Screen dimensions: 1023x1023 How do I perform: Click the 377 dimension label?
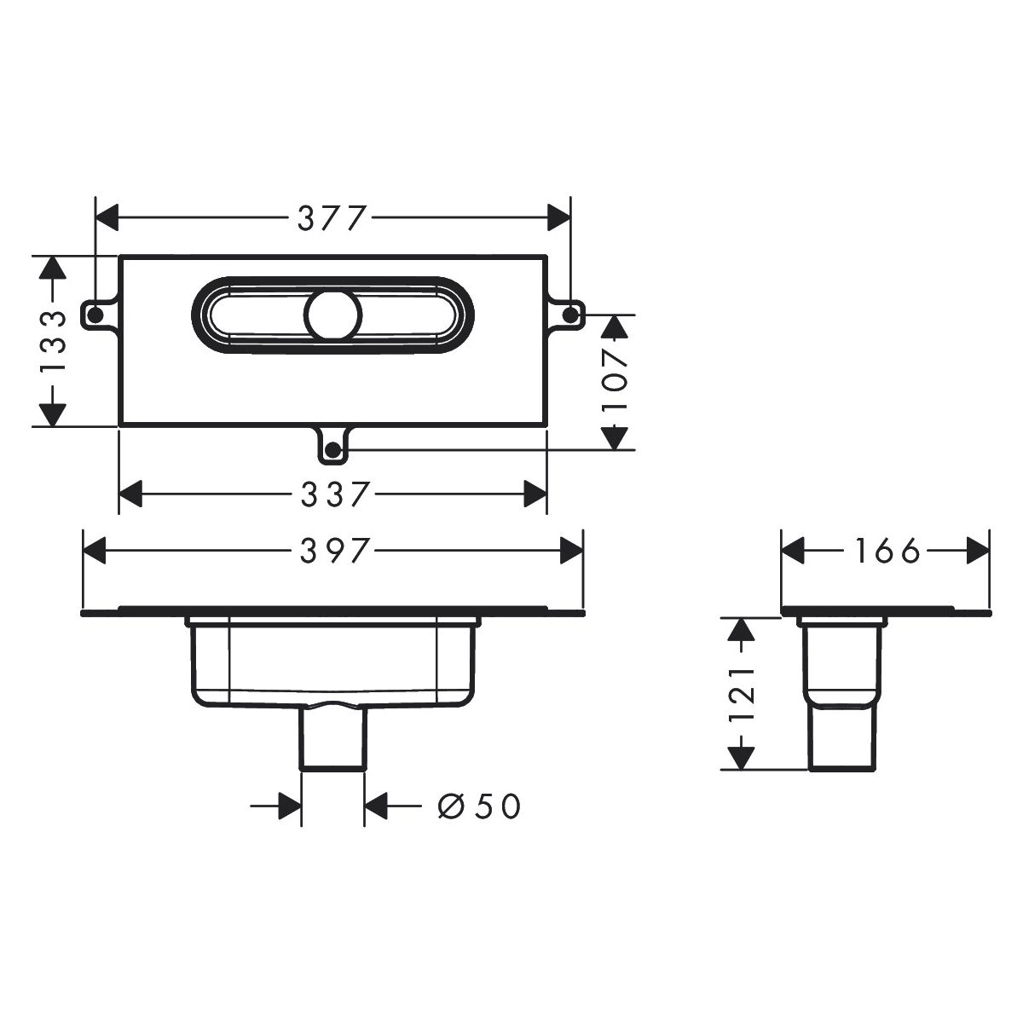pyautogui.click(x=332, y=218)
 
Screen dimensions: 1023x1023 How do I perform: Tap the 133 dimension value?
pyautogui.click(x=54, y=342)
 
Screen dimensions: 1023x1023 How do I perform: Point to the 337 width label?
pyautogui.click(x=334, y=494)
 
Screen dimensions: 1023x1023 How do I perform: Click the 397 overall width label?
pyautogui.click(x=334, y=551)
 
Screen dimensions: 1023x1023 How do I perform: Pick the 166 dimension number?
pyautogui.click(x=887, y=551)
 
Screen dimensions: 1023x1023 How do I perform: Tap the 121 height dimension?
pyautogui.click(x=741, y=694)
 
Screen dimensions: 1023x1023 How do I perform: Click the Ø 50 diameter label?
pyautogui.click(x=479, y=806)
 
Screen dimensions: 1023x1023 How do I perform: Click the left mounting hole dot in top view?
pyautogui.click(x=95, y=315)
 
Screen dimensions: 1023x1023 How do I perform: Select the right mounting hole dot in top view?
pyautogui.click(x=569, y=315)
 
